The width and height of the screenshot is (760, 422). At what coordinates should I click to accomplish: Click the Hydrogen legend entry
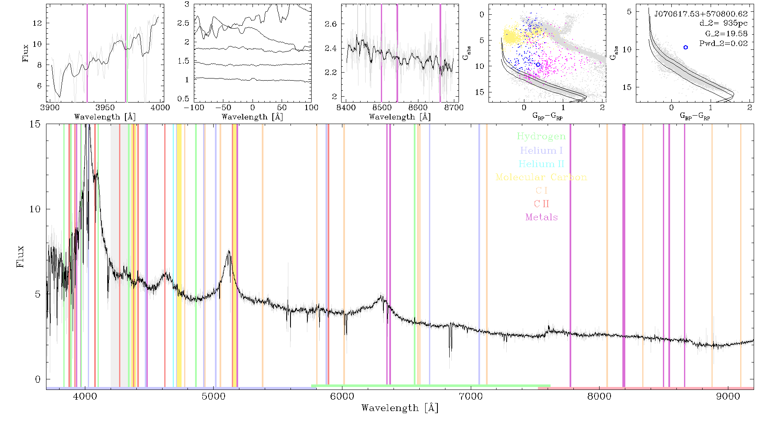tap(541, 136)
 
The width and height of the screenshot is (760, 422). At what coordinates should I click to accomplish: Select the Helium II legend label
tap(541, 164)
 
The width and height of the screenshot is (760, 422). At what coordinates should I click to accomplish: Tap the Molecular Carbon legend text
tap(541, 177)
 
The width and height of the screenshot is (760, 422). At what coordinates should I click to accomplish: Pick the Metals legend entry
tap(542, 217)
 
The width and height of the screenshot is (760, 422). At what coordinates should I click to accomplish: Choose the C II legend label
tap(541, 204)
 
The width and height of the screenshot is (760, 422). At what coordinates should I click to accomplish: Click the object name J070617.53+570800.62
tap(701, 14)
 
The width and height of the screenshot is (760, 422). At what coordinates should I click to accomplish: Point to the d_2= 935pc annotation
tap(723, 24)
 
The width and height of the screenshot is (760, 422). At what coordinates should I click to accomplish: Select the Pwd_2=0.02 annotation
tap(723, 43)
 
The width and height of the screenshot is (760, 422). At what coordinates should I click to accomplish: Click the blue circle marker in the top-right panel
tap(686, 47)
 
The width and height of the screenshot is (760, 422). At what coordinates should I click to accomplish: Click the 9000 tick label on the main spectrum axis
tap(728, 397)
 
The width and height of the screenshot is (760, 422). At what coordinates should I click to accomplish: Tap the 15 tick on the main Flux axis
tap(35, 124)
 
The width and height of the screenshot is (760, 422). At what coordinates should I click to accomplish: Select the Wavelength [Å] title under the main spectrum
tap(400, 408)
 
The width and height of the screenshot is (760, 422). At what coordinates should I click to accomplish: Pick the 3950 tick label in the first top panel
tap(105, 108)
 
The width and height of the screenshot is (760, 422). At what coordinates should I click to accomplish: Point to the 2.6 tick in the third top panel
tap(331, 24)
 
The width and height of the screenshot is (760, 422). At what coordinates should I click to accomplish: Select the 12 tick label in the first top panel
tap(38, 23)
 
